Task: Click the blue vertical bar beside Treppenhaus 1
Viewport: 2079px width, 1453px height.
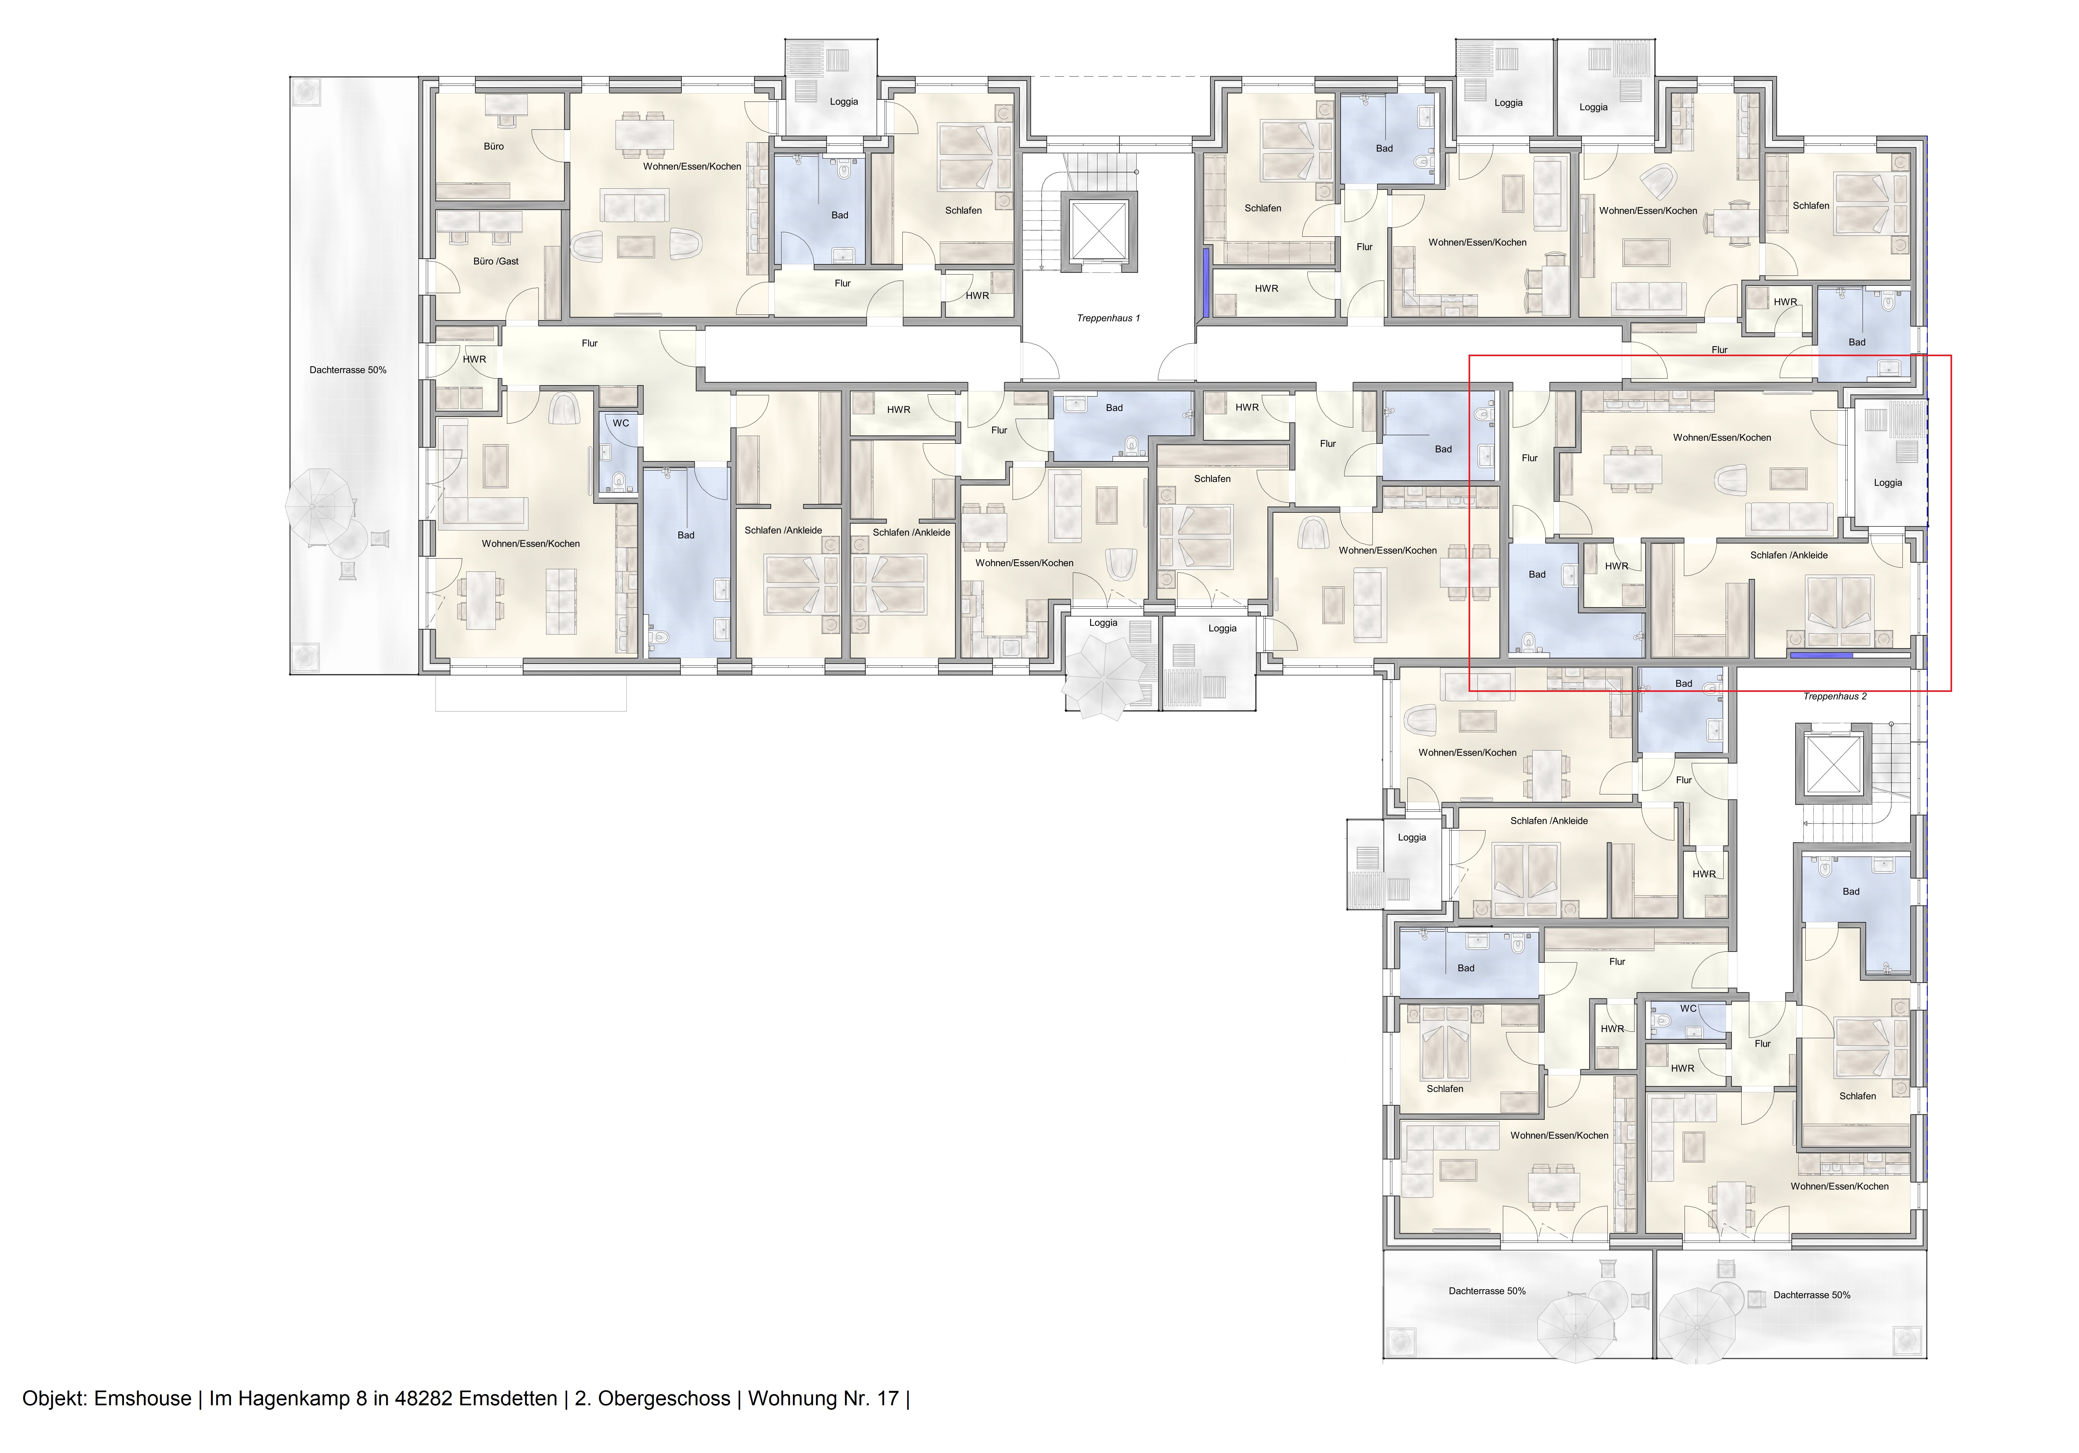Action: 1206,283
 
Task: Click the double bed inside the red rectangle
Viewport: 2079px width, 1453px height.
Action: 1836,605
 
